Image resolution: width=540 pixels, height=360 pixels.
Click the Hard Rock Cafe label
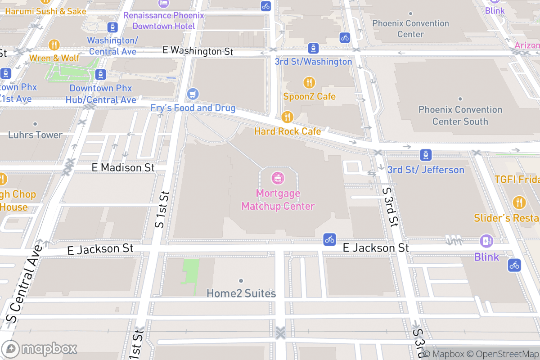point(288,131)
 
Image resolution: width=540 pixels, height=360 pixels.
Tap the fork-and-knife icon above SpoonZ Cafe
point(309,82)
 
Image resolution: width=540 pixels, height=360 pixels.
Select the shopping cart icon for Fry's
point(193,94)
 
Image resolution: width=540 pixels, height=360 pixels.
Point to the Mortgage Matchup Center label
point(278,200)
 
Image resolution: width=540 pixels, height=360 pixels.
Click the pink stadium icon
point(278,178)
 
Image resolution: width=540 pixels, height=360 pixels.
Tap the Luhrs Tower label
point(35,135)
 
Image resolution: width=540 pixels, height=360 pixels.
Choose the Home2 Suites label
point(241,293)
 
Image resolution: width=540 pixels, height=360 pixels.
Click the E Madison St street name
point(123,167)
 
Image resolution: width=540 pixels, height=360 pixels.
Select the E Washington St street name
point(198,51)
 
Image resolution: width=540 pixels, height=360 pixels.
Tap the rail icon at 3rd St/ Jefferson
point(426,155)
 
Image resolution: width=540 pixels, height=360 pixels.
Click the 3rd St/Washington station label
point(313,62)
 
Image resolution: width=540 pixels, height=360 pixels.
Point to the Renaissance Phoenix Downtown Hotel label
point(164,21)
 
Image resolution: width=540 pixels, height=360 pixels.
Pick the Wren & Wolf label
point(54,58)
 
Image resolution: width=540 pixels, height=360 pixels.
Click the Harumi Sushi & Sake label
point(45,11)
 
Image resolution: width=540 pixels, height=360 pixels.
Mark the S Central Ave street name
point(26,283)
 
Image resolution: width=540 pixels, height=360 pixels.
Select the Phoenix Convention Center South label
point(460,115)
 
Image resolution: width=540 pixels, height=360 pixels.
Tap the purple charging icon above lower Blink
point(486,241)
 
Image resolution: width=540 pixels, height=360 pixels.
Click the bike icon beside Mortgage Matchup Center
point(330,239)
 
